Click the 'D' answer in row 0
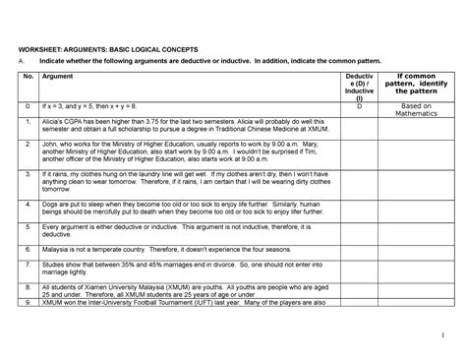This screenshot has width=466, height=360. tap(360, 103)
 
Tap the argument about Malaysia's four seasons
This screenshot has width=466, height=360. tap(157, 251)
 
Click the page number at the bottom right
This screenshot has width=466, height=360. tap(441, 331)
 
